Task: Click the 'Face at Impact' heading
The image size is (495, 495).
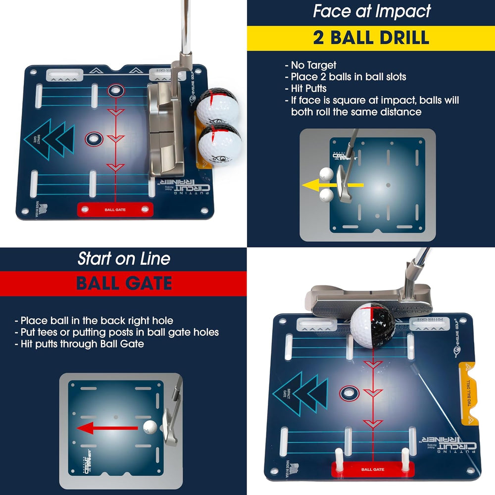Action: point(371,11)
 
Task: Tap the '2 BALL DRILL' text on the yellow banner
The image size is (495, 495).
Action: point(371,38)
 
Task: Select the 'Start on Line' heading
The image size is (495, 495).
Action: point(124,258)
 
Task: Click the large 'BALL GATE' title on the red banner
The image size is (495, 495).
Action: point(124,284)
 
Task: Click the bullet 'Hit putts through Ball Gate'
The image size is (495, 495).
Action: point(82,344)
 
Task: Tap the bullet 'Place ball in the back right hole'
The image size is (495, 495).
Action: point(97,320)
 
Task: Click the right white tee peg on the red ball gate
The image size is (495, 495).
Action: point(405,457)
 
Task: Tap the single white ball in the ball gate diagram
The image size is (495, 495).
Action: point(149,427)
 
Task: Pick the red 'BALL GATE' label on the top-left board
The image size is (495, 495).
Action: point(115,209)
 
